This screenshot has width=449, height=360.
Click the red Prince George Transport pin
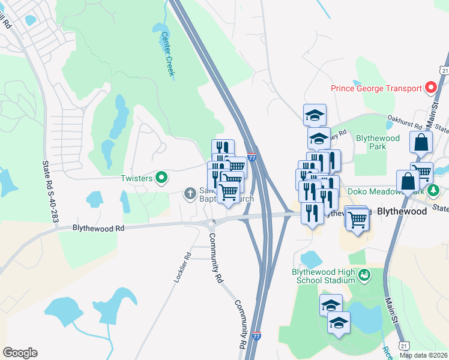pyautogui.click(x=430, y=88)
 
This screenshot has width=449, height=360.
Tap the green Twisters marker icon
pyautogui.click(x=161, y=178)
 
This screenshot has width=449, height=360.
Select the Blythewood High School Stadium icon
pyautogui.click(x=364, y=276)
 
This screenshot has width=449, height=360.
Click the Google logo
pyautogui.click(x=20, y=353)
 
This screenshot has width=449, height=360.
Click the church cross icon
pyautogui.click(x=190, y=193)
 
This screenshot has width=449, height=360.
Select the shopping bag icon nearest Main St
pyautogui.click(x=421, y=143)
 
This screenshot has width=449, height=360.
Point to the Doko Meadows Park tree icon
pyautogui.click(x=435, y=191)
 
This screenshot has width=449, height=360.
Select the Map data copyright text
pyautogui.click(x=424, y=355)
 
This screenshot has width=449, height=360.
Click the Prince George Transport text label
pyautogui.click(x=376, y=88)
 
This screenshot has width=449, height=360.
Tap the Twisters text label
pyautogui.click(x=136, y=178)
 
